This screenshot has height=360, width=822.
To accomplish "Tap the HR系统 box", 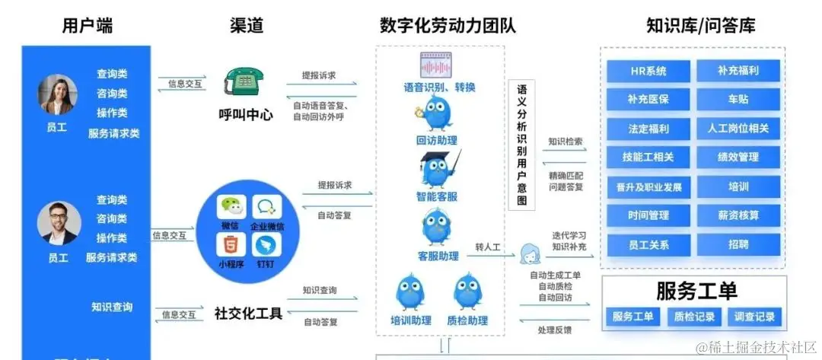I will coord(648,71).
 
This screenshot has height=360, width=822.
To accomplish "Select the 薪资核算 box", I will coord(738,215).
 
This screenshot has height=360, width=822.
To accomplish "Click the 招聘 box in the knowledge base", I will coord(738,244).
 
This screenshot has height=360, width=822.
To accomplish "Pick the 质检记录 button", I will coord(693,317).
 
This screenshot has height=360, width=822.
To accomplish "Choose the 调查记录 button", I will coord(754,317).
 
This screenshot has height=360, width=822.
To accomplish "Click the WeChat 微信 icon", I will coord(229,207).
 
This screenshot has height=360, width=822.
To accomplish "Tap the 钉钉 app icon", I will coord(266,245).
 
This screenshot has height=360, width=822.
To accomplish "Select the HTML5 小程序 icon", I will coord(229,245).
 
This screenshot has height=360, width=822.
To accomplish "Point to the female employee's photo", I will coord(56,94).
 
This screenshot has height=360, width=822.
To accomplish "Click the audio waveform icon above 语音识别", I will coord(439,63).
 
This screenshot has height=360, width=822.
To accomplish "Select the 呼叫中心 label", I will coord(245,116).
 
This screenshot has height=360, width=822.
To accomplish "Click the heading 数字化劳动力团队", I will coord(448,25).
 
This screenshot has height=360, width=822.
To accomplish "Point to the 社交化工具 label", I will coord(248,313).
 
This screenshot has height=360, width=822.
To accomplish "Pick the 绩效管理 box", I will coord(738,158).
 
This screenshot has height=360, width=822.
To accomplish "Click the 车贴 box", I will coord(738,100).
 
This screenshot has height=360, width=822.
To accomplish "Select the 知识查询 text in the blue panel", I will coord(112,307).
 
